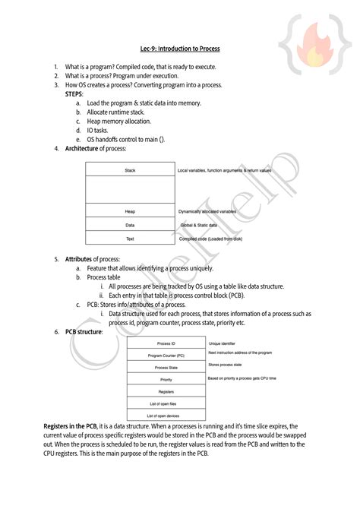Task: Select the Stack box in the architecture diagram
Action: [x=130, y=170]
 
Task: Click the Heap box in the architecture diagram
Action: [x=130, y=211]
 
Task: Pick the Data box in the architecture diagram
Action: [x=130, y=225]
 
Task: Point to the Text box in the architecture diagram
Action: [x=130, y=239]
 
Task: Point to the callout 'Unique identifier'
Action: [x=224, y=343]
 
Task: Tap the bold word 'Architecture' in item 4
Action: [x=82, y=148]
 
